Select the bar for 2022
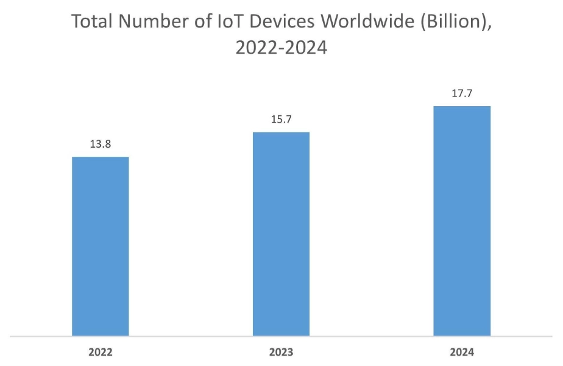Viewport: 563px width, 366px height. tap(101, 246)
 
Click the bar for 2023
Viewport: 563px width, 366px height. tap(281, 234)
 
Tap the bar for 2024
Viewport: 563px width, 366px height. tap(462, 221)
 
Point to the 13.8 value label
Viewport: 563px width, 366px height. tap(100, 145)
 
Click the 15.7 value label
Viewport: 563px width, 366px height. tap(281, 120)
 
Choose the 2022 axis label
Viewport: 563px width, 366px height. tap(101, 352)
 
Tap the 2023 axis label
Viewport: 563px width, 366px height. tap(281, 352)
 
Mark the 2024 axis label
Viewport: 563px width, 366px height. tap(462, 352)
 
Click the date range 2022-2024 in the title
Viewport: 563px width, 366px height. tap(281, 48)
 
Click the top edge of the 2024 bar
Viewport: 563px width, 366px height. tap(462, 107)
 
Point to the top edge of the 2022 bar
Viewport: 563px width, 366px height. tap(101, 157)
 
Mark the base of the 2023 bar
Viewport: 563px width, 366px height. tap(281, 335)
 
